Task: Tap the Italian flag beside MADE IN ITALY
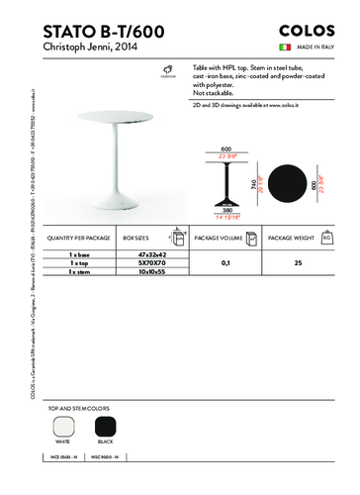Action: click(283, 48)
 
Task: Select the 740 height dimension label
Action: click(253, 184)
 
